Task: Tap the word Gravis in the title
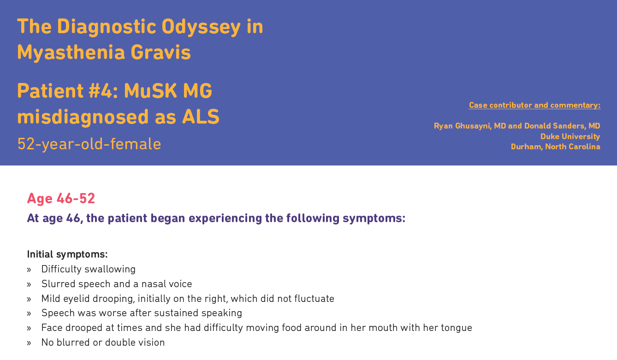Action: pyautogui.click(x=160, y=52)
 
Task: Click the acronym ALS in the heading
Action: pyautogui.click(x=201, y=117)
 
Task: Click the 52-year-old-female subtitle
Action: pyautogui.click(x=89, y=144)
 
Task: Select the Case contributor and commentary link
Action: pyautogui.click(x=534, y=105)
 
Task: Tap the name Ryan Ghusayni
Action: pyautogui.click(x=463, y=126)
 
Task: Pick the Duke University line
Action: pyautogui.click(x=570, y=136)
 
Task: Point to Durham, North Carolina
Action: pyautogui.click(x=556, y=147)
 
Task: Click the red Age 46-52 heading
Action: pyautogui.click(x=61, y=199)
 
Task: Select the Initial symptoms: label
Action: pyautogui.click(x=67, y=254)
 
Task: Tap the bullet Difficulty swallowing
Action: pyautogui.click(x=89, y=269)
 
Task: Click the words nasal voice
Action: pyautogui.click(x=166, y=284)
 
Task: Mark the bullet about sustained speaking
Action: pyautogui.click(x=142, y=313)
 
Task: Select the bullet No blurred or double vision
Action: pyautogui.click(x=103, y=342)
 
